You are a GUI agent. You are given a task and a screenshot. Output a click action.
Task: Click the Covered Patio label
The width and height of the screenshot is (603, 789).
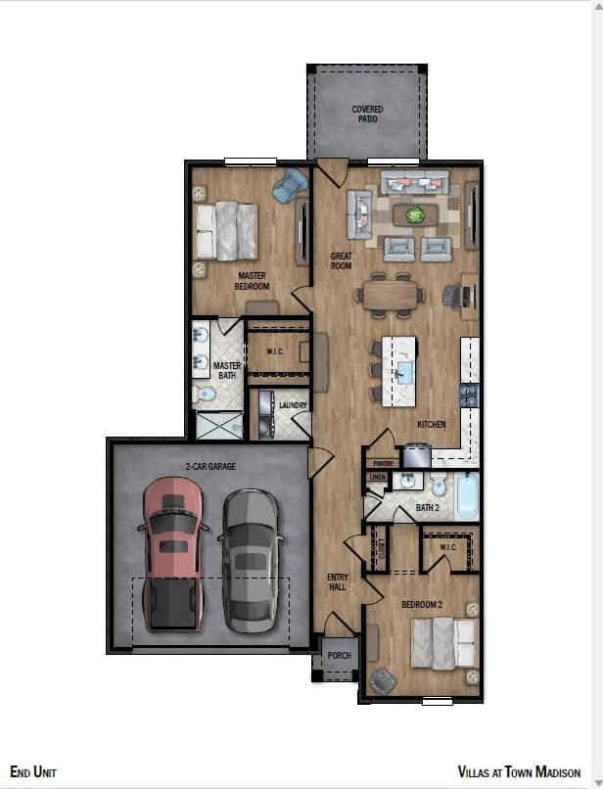[367, 115]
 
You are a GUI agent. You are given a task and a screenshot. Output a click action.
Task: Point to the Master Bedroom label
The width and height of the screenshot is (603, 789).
[252, 281]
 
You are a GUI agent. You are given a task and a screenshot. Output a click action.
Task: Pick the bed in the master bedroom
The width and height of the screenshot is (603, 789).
[227, 230]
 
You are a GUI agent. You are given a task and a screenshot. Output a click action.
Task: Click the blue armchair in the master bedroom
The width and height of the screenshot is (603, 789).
[290, 185]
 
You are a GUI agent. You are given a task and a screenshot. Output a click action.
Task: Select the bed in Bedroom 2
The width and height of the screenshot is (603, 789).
[445, 643]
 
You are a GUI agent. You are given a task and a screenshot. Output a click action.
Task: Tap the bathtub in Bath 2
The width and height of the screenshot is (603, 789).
[468, 497]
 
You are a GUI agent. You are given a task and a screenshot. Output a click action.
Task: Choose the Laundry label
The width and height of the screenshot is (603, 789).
[293, 405]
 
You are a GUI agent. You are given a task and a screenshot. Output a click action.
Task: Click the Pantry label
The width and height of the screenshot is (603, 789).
[381, 463]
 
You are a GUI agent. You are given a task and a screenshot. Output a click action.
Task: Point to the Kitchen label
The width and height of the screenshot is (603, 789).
[431, 425]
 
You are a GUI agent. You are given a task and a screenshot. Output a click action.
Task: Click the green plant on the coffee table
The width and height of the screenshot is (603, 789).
[415, 214]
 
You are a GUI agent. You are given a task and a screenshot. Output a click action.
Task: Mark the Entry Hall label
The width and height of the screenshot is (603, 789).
[338, 582]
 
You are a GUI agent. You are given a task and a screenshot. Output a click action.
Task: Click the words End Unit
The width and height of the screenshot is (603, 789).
[33, 772]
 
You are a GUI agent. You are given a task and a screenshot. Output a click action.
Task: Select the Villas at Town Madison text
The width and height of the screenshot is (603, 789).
[519, 772]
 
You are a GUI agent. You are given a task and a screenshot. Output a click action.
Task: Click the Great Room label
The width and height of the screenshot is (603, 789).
[341, 260]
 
